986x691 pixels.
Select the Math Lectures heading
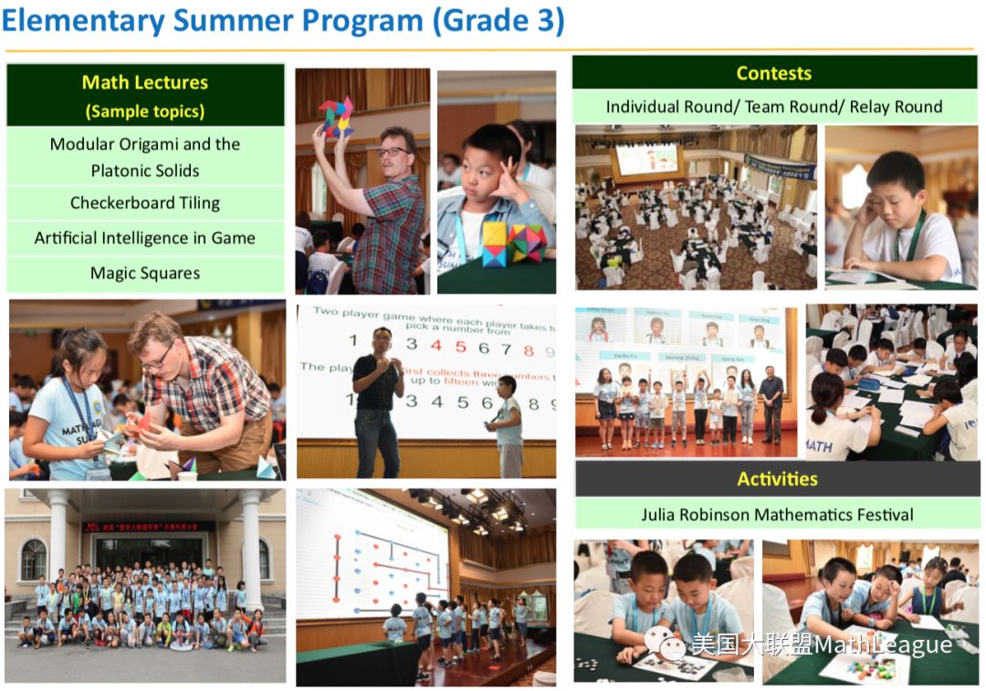(145, 82)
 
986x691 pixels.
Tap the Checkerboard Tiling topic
(145, 203)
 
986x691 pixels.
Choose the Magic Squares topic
(145, 273)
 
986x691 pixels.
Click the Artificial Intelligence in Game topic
(145, 238)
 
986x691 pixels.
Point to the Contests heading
(773, 73)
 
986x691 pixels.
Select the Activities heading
(777, 478)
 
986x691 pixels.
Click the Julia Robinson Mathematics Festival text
(777, 515)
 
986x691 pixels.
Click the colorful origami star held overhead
(335, 118)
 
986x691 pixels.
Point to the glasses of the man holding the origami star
(393, 152)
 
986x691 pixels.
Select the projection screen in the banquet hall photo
(645, 158)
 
